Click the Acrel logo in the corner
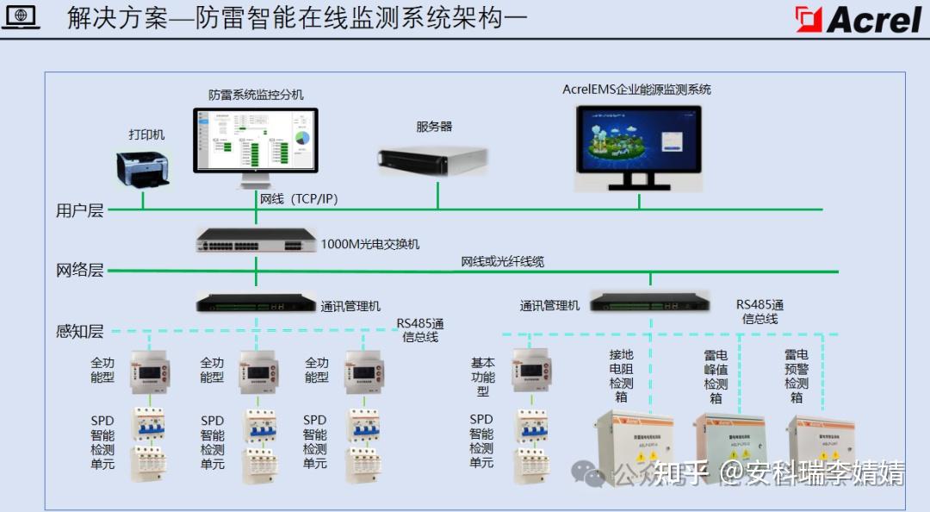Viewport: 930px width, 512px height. pos(859,18)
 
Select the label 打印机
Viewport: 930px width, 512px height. pos(146,134)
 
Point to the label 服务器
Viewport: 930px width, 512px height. pos(434,126)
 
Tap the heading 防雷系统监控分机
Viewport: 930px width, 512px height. pos(256,94)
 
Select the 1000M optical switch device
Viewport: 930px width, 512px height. pos(256,240)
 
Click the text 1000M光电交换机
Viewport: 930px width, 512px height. pos(370,244)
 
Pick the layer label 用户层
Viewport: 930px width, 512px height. pos(79,209)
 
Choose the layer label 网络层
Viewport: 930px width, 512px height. pos(79,270)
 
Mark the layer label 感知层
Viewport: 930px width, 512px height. pos(79,331)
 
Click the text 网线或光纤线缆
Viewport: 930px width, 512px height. pos(502,261)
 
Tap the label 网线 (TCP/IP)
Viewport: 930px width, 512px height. pos(299,199)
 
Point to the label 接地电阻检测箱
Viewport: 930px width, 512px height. pos(621,375)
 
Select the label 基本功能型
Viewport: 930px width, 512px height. pos(483,377)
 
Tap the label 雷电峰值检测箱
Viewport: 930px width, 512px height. pos(716,375)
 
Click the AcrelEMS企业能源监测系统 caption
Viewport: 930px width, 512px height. pos(636,89)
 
